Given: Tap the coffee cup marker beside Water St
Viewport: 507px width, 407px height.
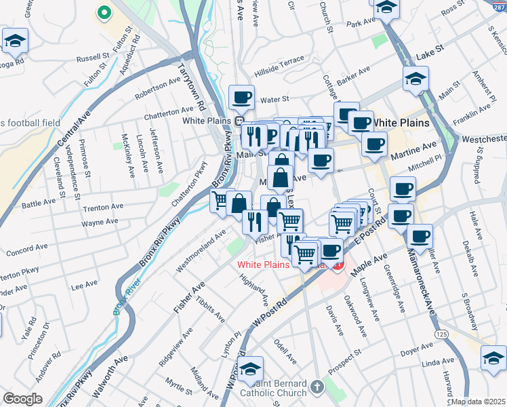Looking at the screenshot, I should pyautogui.click(x=241, y=97).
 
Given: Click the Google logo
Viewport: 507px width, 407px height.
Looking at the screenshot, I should pyautogui.click(x=22, y=398).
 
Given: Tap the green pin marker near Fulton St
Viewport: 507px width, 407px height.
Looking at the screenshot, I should pyautogui.click(x=104, y=12).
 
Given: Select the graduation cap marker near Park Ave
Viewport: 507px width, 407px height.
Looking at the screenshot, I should pyautogui.click(x=386, y=9).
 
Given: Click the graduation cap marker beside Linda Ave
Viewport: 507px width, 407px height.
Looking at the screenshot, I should pyautogui.click(x=493, y=357).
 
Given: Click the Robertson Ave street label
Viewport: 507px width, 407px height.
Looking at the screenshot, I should pyautogui.click(x=157, y=87).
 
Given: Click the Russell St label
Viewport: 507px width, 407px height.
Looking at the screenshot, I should pyautogui.click(x=93, y=58).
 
